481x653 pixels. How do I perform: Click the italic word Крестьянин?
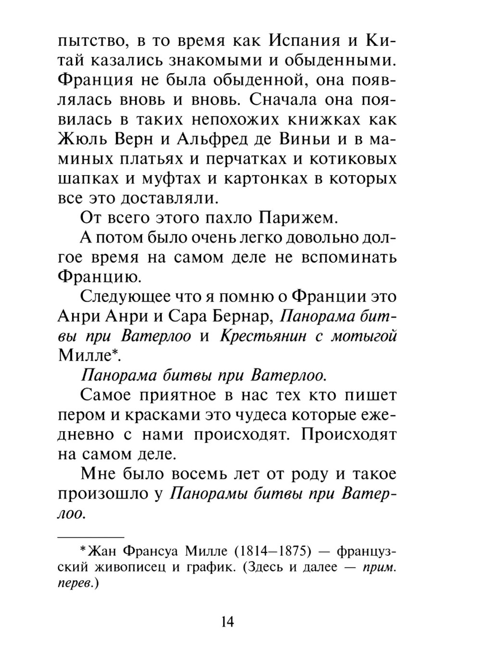pos(263,335)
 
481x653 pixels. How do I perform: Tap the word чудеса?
pos(283,415)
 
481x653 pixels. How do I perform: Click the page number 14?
pos(227,622)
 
